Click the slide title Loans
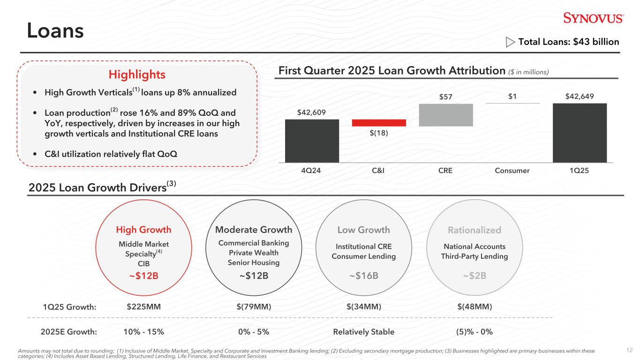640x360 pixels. (x=55, y=30)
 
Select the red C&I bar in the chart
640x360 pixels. (x=379, y=123)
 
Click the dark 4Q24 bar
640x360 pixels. (x=312, y=141)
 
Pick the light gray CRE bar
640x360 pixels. (x=446, y=115)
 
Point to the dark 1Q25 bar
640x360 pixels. (x=580, y=133)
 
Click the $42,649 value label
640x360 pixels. (x=580, y=97)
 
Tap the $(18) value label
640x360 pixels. (x=379, y=133)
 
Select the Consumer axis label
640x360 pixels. (x=512, y=171)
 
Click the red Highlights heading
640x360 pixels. (x=137, y=75)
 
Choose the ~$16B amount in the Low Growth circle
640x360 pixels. (x=364, y=275)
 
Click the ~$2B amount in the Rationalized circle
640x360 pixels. (x=474, y=275)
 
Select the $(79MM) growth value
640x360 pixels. (x=254, y=307)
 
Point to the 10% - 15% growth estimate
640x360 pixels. (x=143, y=332)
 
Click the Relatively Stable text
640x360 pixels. (x=364, y=332)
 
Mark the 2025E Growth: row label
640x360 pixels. (x=69, y=332)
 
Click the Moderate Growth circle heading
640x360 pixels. (x=254, y=230)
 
